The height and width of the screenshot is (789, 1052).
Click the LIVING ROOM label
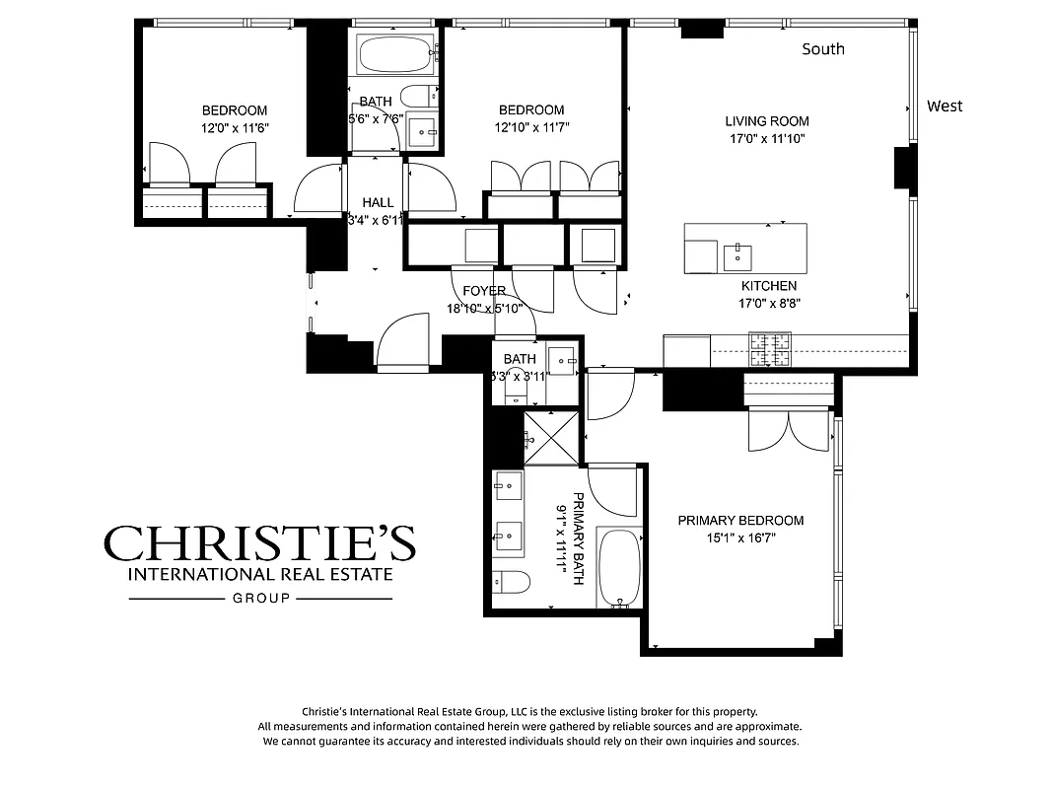767,121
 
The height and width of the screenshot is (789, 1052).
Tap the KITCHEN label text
769,286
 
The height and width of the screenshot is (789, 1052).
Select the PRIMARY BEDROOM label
740,521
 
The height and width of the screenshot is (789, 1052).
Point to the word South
822,48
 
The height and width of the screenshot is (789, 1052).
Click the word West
944,106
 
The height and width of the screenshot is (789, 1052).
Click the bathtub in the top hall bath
396,53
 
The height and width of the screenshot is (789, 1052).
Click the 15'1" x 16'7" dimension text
740,538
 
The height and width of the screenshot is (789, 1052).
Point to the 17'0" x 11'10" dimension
767,139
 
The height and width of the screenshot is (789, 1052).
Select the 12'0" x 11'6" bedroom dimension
235,127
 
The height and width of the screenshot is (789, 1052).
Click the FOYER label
484,291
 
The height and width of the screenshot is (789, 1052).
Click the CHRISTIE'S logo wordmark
260,543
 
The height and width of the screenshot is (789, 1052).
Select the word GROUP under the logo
261,599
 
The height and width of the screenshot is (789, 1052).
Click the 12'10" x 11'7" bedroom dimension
531,127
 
